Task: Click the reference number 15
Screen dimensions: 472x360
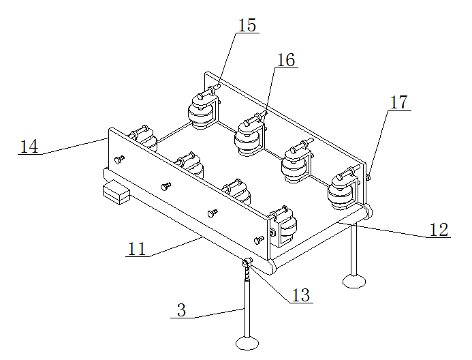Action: [247, 25]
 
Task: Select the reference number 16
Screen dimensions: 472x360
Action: [285, 60]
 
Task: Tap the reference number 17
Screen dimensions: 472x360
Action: [399, 102]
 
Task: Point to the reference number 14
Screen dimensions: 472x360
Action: [29, 147]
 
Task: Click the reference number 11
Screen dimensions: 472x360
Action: [137, 249]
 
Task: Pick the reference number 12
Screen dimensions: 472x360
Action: [439, 230]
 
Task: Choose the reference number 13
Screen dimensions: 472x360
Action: [301, 295]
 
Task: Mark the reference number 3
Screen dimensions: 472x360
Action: [182, 310]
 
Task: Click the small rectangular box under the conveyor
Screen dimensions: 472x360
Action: [116, 192]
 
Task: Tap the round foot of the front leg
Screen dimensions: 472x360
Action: [247, 343]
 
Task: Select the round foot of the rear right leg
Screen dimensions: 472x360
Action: [354, 282]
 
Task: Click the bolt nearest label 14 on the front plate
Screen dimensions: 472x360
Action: [119, 159]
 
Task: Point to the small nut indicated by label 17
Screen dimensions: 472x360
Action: [368, 177]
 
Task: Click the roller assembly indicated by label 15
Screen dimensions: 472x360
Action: [203, 109]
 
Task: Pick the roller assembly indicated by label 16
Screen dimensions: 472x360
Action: [251, 135]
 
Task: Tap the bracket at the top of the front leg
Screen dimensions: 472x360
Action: [247, 262]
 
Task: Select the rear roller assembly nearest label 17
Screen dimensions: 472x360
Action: [344, 188]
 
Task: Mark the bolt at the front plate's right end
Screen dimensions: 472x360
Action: [259, 240]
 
